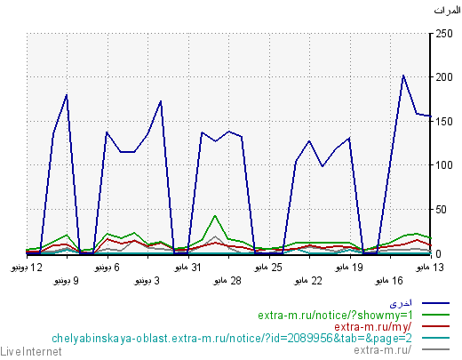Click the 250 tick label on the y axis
click(x=444, y=34)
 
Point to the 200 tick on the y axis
click(x=444, y=77)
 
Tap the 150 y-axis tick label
click(x=444, y=122)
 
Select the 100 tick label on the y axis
click(x=444, y=165)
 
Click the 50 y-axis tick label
click(x=441, y=210)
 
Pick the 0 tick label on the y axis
click(x=438, y=253)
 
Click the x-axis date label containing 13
click(x=430, y=268)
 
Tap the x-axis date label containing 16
click(x=389, y=281)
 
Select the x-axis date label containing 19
click(x=349, y=268)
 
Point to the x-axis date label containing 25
click(x=268, y=268)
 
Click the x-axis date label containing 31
click(x=187, y=268)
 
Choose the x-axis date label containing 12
click(x=27, y=268)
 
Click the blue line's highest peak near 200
click(x=403, y=76)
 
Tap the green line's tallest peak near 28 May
click(x=215, y=216)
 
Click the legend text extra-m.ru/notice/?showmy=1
click(x=335, y=316)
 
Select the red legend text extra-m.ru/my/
click(x=373, y=327)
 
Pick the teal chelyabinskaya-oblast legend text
click(x=232, y=339)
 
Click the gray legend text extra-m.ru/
click(x=382, y=350)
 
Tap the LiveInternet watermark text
click(x=31, y=352)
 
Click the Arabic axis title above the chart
click(x=447, y=11)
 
